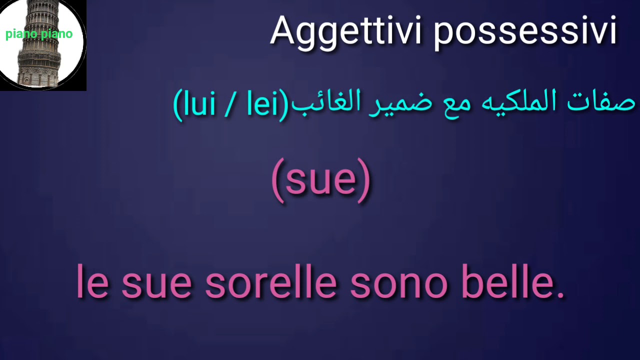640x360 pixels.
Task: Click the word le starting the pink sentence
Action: [92, 282]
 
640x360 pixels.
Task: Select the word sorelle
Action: [270, 282]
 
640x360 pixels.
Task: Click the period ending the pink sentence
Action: [560, 294]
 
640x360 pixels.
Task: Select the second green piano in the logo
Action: [56, 34]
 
